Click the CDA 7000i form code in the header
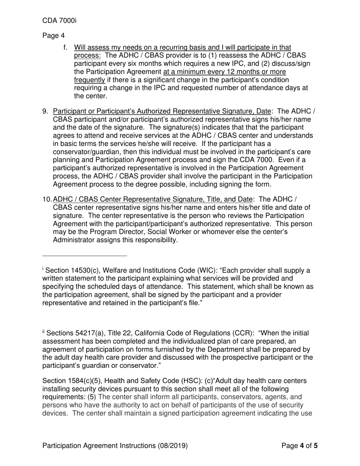coord(59,20)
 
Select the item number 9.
coord(45,111)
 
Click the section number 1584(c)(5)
coord(85,381)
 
